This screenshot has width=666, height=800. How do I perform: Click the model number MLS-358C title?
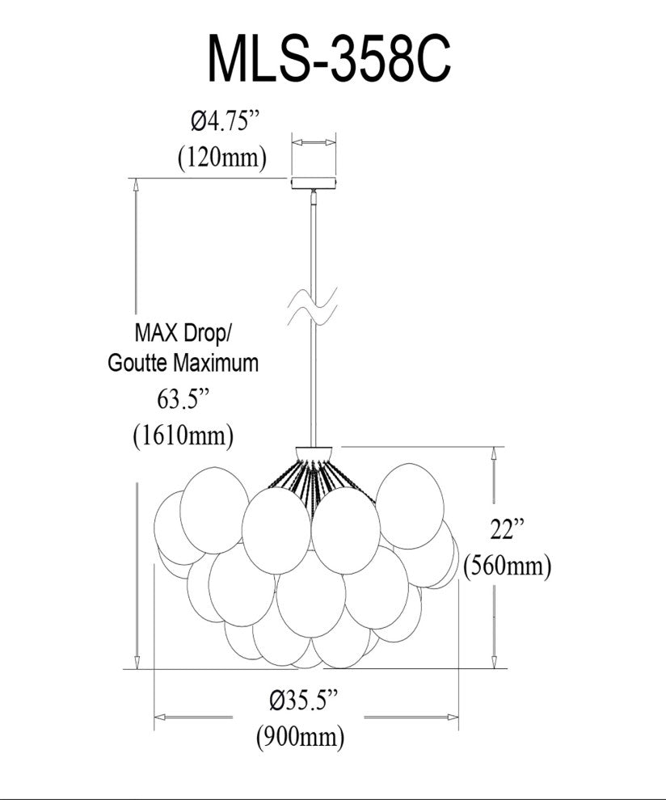pos(329,59)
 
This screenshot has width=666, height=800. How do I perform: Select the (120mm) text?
pos(221,157)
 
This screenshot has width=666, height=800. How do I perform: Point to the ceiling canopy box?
pos(313,183)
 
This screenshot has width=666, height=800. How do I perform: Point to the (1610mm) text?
pos(183,436)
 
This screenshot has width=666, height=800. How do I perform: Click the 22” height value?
pos(508,530)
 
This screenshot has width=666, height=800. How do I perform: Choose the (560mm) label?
pos(508,566)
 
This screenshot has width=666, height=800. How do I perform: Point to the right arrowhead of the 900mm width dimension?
pos(454,717)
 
